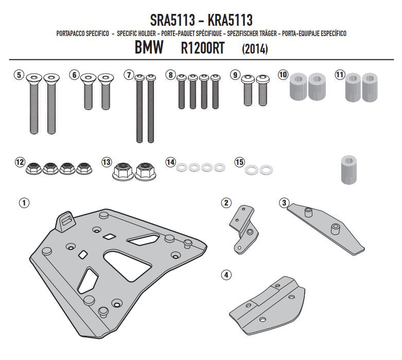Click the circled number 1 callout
point(24,203)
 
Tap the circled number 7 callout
point(129,75)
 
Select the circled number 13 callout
point(106,162)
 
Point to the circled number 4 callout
point(226,275)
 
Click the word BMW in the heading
point(149,47)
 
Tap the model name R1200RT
point(202,48)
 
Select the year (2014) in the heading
point(255,49)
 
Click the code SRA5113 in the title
point(172,20)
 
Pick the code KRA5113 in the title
point(230,20)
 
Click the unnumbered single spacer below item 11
point(349,169)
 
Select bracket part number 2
point(243,229)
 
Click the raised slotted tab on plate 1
point(66,221)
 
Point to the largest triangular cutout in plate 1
point(127,266)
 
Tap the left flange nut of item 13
point(123,171)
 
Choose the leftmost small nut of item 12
point(33,168)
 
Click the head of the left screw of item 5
point(34,78)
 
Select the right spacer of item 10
point(317,87)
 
